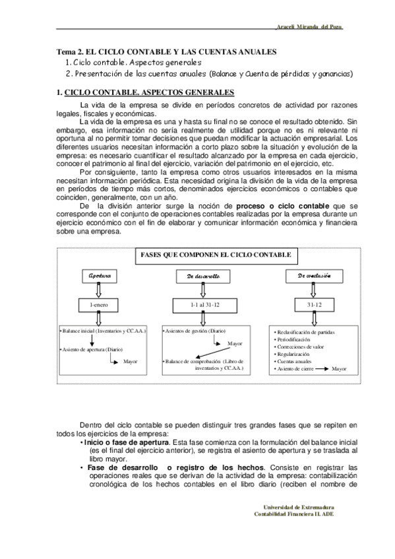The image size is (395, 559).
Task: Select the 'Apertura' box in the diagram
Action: (100, 276)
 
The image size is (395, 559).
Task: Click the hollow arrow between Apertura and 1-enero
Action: (99, 290)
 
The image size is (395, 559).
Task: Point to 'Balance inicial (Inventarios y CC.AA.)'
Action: (104, 329)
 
